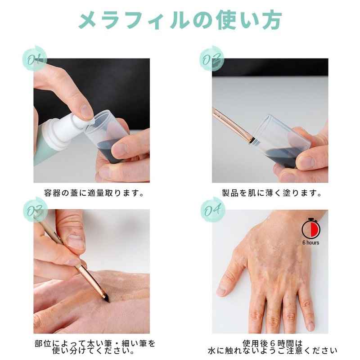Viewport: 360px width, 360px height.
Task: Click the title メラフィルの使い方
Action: tap(180, 20)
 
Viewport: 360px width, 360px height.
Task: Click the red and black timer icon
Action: tap(310, 228)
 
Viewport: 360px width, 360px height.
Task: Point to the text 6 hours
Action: tap(310, 243)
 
